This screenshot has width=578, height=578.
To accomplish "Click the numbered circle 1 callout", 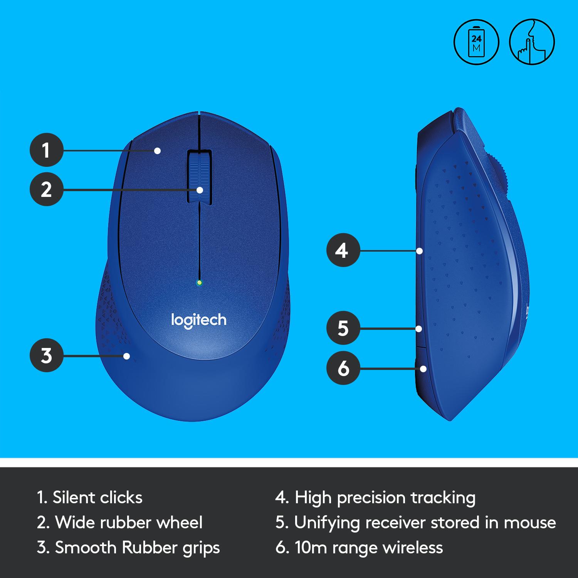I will point(46,150).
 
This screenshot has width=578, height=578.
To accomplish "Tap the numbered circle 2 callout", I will point(46,190).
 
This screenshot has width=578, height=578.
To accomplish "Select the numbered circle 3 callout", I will point(46,355).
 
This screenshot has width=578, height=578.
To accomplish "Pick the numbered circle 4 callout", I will point(343,251).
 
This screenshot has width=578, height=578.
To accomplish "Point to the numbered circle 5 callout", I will point(343,329).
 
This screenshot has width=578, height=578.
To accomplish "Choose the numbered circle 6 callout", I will point(343,368).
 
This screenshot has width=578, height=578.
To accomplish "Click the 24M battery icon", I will point(476,42).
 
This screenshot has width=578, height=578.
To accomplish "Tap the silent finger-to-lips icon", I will point(532,42).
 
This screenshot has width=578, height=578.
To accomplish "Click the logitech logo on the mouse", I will point(199,321).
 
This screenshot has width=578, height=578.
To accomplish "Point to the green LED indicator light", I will point(199,283).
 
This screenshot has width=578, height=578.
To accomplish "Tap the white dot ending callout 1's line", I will point(157,151).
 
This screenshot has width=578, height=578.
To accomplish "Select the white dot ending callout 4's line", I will point(420,251).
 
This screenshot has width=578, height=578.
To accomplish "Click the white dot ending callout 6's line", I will point(423,369).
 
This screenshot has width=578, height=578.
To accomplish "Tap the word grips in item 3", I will point(201,548).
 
